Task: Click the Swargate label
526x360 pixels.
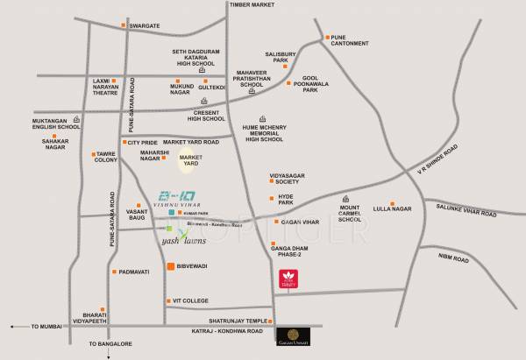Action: pos(146,26)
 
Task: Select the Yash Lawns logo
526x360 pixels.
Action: pos(184,236)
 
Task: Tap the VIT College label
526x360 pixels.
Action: pos(190,300)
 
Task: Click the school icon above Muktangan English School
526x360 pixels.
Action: pos(75,118)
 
